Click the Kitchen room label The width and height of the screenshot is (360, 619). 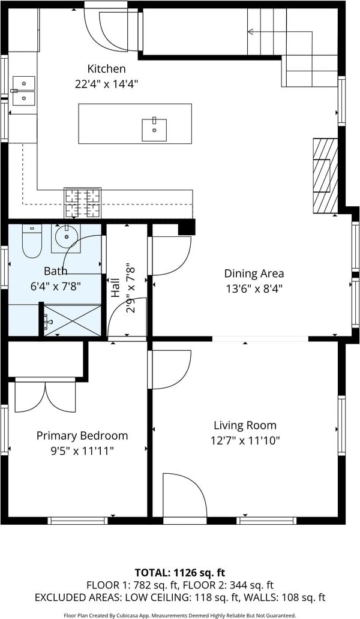point(106,69)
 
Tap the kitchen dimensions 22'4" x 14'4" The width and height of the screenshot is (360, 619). point(106,84)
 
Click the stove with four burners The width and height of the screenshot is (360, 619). point(83,203)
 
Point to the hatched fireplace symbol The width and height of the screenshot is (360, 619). point(325,176)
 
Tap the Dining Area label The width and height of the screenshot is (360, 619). point(254,273)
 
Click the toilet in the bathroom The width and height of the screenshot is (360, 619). point(32,241)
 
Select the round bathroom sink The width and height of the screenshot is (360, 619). point(66,238)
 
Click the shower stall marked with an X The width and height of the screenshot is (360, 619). point(72,320)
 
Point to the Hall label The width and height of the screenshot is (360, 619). point(115,288)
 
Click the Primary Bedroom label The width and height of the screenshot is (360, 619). point(82,436)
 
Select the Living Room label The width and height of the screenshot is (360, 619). point(245,426)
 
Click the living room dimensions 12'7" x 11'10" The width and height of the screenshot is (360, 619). point(245,441)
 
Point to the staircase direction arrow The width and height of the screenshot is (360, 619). point(280,32)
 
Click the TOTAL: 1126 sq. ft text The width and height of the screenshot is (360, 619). point(180,572)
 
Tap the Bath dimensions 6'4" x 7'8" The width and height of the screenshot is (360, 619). point(55,286)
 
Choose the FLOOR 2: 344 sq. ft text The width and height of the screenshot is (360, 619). point(233,585)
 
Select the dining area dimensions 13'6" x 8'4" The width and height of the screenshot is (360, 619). point(254,289)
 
